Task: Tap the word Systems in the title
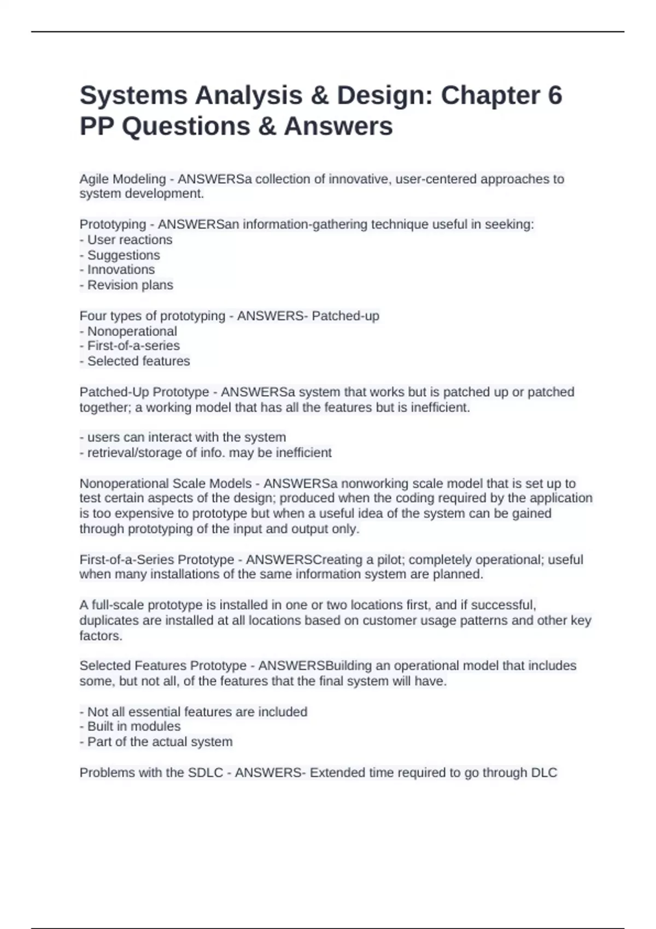pos(133,96)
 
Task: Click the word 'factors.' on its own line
pos(101,636)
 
